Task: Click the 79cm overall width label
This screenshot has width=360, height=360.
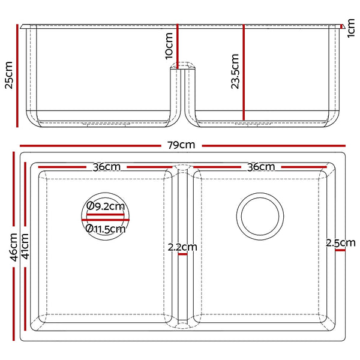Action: point(181,145)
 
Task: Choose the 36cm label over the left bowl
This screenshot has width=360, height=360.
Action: point(107,167)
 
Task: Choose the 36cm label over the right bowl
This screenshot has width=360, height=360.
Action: point(261,167)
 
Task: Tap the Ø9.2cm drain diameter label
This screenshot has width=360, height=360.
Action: point(105,206)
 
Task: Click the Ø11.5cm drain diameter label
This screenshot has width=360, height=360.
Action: point(106,228)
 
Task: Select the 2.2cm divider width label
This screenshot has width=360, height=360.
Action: point(182,247)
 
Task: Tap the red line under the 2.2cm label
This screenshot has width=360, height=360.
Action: point(182,254)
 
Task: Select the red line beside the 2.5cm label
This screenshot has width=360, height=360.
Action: point(341,251)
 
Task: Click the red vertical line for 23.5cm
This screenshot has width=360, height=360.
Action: point(244,72)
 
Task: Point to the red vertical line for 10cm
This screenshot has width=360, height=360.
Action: point(178,45)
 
